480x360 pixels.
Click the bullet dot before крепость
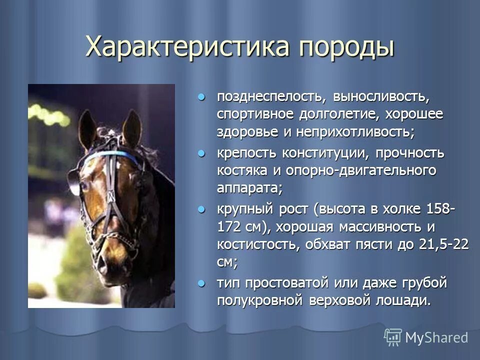coord(201,152)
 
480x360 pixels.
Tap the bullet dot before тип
coord(201,283)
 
